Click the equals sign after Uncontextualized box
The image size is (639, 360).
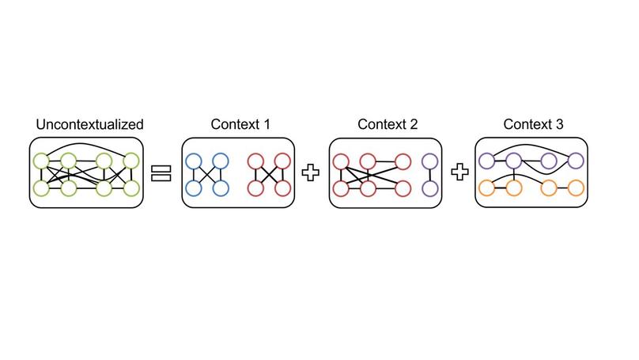pos(162,173)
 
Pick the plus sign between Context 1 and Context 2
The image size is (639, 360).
pos(311,173)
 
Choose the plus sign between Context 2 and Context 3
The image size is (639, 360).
pos(459,173)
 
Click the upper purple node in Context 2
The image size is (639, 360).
pos(430,161)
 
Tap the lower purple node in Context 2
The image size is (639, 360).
pos(430,188)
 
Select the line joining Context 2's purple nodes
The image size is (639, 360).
pos(430,175)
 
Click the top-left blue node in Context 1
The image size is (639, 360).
pos(194,162)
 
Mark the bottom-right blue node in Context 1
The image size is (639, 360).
pos(221,188)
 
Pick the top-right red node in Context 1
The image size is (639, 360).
pos(282,162)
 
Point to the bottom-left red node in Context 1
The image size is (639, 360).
pos(256,188)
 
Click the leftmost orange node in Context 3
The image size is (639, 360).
pos(487,188)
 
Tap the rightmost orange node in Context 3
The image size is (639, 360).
pos(576,188)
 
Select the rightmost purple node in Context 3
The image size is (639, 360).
pos(576,161)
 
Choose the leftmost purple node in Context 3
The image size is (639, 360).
pos(487,161)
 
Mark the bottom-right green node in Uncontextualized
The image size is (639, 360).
pos(131,188)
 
